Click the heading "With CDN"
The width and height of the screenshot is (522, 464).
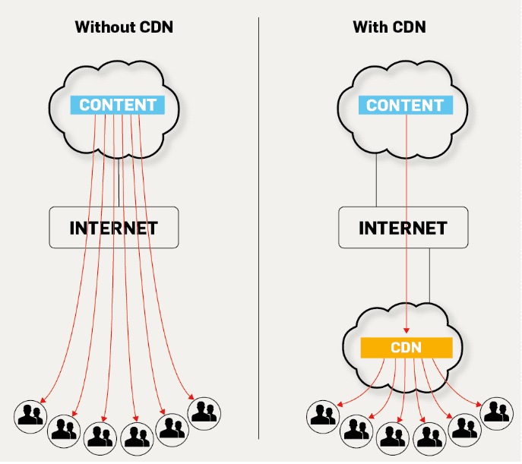click(389, 28)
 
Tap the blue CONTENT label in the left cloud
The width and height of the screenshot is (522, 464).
click(118, 105)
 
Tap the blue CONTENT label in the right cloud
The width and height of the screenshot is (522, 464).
click(405, 105)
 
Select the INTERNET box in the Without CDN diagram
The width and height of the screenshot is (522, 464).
click(114, 227)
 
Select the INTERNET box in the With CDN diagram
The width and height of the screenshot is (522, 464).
click(403, 227)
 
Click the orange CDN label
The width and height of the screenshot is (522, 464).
click(406, 348)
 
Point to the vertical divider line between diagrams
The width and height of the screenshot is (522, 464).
click(259, 228)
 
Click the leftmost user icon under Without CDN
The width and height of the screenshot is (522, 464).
click(31, 415)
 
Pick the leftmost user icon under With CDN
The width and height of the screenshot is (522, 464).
click(323, 415)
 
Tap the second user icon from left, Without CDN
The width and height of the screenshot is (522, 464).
click(64, 430)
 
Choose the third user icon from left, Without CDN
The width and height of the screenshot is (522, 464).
click(100, 436)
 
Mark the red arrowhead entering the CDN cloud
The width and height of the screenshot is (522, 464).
click(407, 330)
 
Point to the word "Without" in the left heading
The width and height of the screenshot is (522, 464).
click(103, 28)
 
